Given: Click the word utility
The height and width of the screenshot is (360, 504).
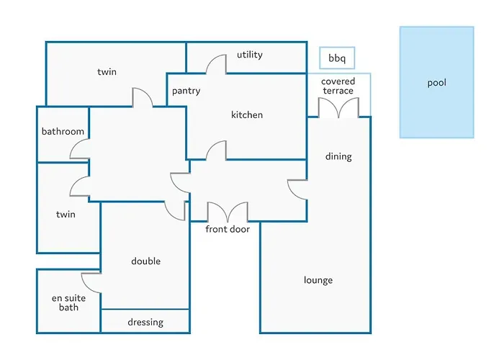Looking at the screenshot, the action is click(x=249, y=55).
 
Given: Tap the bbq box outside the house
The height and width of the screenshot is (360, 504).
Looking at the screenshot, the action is click(x=337, y=58).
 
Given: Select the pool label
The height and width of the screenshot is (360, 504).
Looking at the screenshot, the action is click(x=436, y=83).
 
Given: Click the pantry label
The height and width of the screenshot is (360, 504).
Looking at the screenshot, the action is click(x=186, y=91).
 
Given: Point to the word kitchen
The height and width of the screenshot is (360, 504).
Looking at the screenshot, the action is click(x=247, y=114).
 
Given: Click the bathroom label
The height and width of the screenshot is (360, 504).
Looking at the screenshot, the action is click(x=63, y=131).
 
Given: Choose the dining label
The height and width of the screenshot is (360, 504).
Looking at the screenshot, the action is click(x=338, y=156).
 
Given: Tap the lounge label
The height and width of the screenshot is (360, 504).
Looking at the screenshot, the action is click(x=318, y=280).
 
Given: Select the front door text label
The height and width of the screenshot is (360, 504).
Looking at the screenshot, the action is click(x=228, y=229).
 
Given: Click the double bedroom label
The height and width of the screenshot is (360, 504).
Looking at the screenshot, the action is click(x=145, y=261).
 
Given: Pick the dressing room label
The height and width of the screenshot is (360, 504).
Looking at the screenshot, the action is click(x=145, y=322).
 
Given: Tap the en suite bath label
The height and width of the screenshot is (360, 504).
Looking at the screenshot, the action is click(x=68, y=303).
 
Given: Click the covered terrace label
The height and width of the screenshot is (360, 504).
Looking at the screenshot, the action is click(x=338, y=86).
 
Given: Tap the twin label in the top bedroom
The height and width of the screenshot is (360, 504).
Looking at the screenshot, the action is click(x=107, y=72).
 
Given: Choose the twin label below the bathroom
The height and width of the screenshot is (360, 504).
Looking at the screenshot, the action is click(x=66, y=214).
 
